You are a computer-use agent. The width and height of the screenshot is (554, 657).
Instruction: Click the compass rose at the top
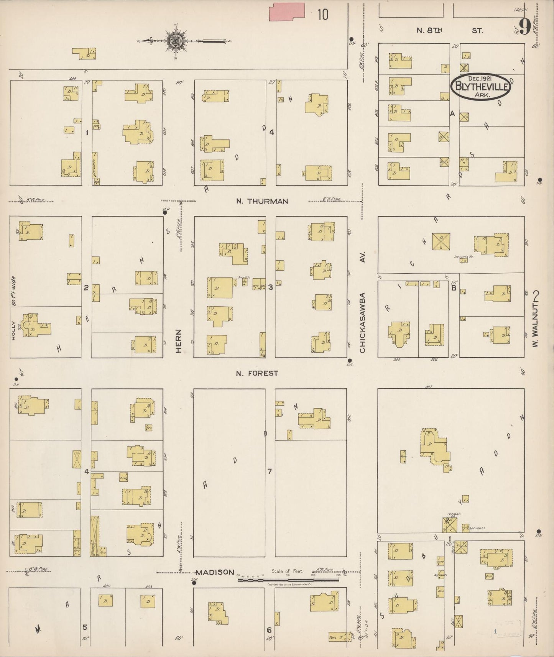[175, 41]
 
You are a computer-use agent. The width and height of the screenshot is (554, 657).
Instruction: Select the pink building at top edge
[287, 12]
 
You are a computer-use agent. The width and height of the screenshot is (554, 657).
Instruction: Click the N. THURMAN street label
[262, 201]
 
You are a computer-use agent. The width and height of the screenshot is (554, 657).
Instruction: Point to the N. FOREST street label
[257, 373]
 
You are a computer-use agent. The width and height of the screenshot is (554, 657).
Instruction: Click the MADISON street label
[215, 572]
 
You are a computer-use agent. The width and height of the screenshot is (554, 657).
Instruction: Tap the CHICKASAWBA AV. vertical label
[363, 303]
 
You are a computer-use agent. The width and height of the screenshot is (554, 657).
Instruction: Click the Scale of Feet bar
[288, 580]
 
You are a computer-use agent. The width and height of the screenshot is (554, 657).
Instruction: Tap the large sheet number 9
[524, 26]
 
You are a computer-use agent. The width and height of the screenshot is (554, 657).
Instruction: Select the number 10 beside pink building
[323, 15]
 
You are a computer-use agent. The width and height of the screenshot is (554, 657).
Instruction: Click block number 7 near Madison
[270, 471]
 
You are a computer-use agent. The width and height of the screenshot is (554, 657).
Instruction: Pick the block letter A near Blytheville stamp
[452, 113]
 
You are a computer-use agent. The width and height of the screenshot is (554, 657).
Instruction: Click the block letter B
[454, 288]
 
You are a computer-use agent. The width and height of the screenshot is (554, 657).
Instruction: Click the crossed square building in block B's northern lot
[441, 241]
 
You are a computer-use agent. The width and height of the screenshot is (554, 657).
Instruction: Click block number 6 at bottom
[269, 630]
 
